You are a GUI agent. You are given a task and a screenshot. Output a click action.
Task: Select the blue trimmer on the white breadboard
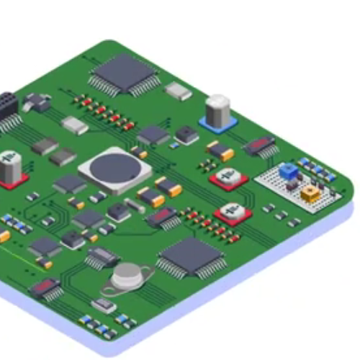(x=289, y=171)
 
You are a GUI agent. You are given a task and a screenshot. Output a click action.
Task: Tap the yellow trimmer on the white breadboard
(x=311, y=193)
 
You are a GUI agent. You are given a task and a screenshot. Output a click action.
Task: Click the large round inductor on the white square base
(x=115, y=169)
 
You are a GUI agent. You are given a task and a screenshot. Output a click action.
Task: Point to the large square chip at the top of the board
(x=125, y=73)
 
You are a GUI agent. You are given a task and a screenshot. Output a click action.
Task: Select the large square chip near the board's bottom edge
(x=191, y=256)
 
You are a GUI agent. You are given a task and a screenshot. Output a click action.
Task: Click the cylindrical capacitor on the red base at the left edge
(x=10, y=168)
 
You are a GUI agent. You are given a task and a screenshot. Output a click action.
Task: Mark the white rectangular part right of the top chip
(x=178, y=91)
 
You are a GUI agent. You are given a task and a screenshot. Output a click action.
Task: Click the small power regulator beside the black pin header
(x=36, y=102)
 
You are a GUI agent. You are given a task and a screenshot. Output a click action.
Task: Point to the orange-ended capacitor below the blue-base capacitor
(x=220, y=150)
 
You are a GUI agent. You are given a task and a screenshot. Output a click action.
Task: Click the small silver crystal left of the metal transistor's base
(x=104, y=306)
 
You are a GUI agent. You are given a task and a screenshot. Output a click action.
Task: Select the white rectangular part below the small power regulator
(x=75, y=126)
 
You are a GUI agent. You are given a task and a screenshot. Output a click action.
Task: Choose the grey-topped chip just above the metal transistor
(x=102, y=256)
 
